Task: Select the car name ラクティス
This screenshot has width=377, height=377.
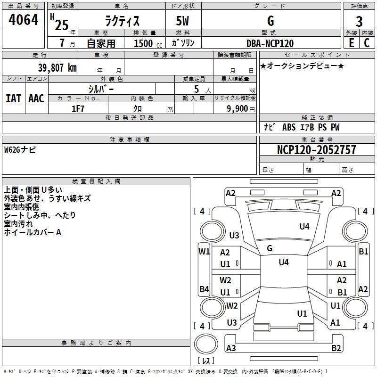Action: click(122, 21)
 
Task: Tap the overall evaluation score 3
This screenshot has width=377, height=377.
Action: click(359, 21)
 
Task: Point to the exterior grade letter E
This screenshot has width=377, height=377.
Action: click(352, 42)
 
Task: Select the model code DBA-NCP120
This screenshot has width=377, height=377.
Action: click(270, 43)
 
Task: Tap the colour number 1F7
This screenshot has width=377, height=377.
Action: click(78, 108)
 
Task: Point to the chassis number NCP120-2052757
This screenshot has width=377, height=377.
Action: click(317, 150)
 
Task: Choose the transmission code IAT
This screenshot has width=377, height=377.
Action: click(13, 98)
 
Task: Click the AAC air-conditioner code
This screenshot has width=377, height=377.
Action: click(36, 98)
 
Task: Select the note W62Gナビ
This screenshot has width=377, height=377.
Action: click(20, 150)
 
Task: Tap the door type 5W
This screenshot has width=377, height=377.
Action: click(183, 21)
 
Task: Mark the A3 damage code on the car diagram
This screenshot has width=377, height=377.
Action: click(231, 348)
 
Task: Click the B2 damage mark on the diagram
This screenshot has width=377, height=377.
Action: click(336, 348)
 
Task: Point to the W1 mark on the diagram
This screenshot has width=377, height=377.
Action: click(204, 252)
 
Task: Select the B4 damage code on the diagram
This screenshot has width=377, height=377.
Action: click(204, 289)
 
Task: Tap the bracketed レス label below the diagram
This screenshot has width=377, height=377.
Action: click(205, 361)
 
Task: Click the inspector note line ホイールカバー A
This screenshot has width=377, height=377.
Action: click(33, 232)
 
